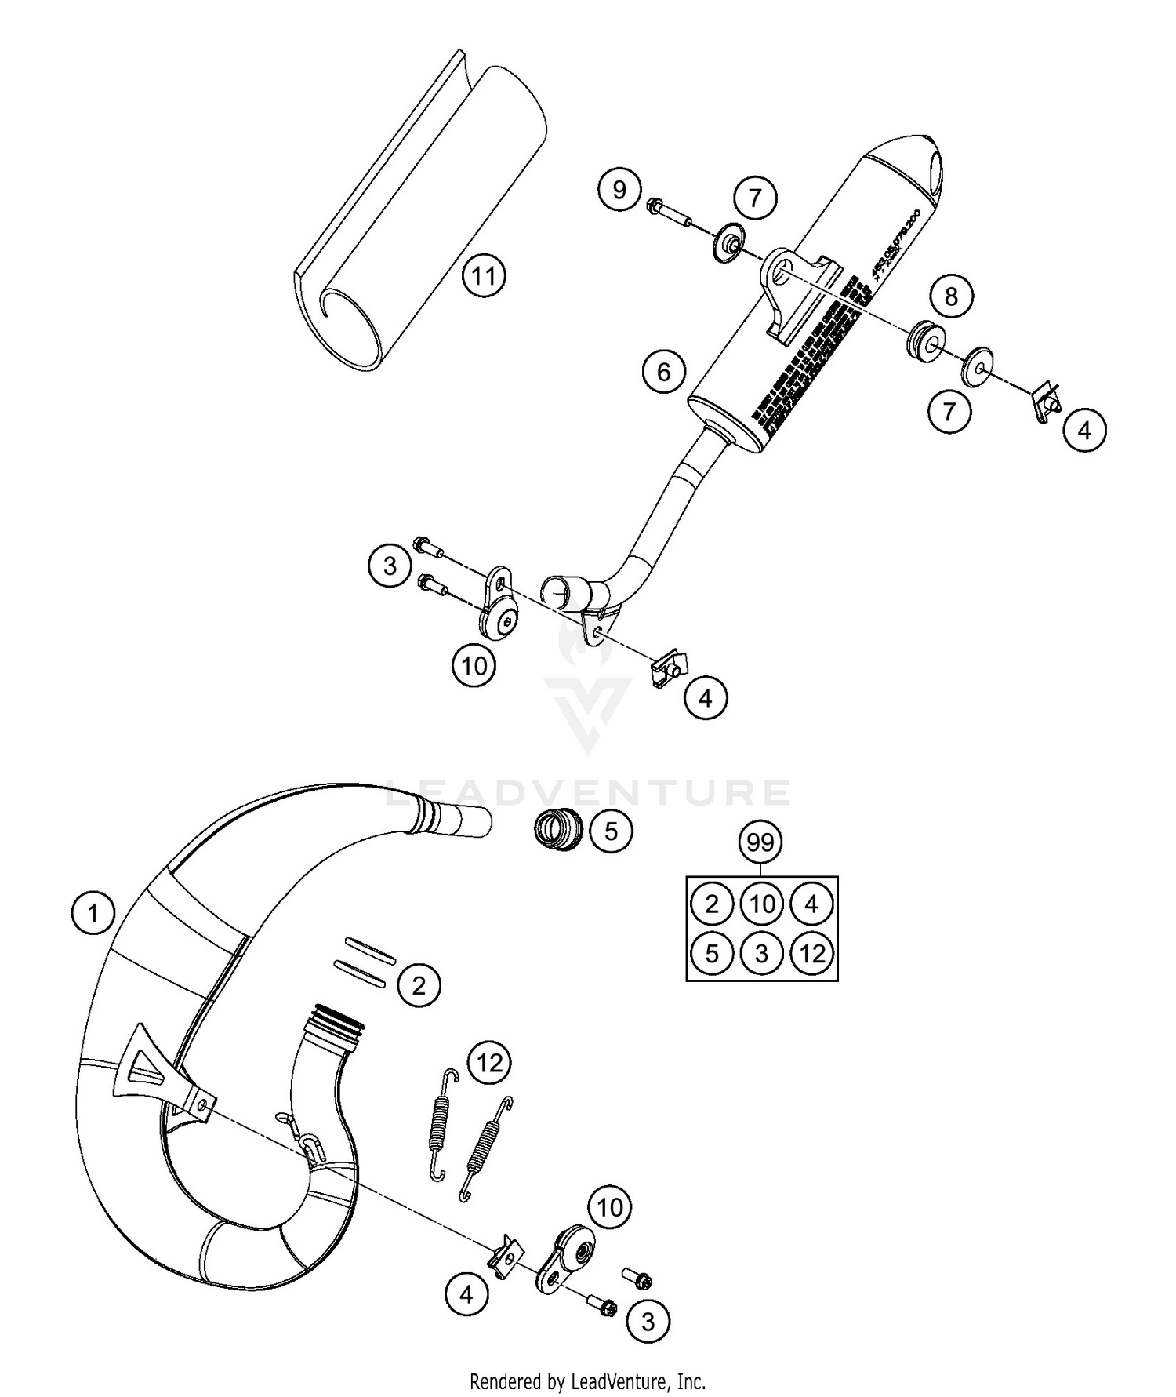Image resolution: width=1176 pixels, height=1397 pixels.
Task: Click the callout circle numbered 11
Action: (484, 276)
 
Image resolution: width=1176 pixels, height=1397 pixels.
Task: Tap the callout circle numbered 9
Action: (619, 190)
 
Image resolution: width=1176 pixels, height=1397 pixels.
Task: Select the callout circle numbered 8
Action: (951, 296)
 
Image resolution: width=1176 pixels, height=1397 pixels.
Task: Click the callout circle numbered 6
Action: (664, 372)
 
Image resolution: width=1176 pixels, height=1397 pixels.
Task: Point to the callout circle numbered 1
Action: (93, 914)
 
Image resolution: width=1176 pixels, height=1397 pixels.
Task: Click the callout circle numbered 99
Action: (760, 843)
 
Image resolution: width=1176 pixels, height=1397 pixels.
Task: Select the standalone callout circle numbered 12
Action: (489, 1064)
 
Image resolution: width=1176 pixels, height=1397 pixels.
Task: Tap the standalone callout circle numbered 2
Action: (419, 985)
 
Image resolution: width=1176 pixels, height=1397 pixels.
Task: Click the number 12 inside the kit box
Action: (812, 954)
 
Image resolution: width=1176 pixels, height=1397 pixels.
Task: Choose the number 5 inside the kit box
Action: (712, 954)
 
